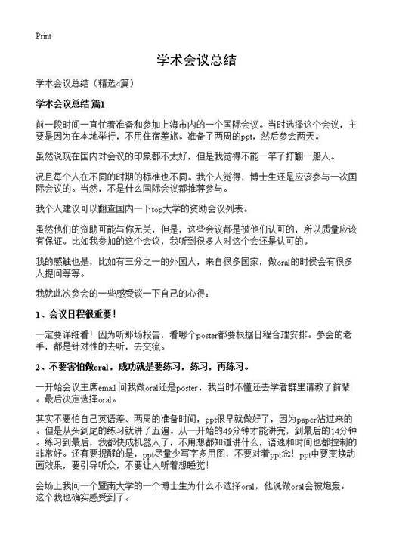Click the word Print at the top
click(43, 35)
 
